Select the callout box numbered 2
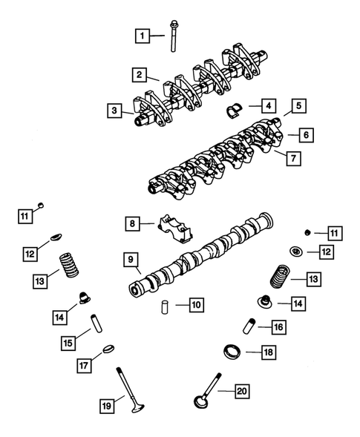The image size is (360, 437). click(x=139, y=74)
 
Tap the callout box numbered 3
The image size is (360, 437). click(x=114, y=111)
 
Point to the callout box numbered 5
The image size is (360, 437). click(x=298, y=106)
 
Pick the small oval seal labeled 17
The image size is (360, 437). click(x=107, y=349)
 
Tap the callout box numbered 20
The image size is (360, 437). click(x=241, y=392)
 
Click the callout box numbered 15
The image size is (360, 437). click(x=68, y=343)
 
